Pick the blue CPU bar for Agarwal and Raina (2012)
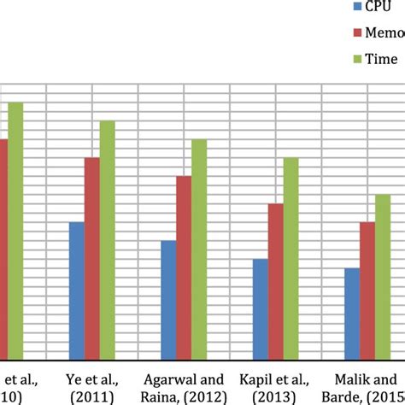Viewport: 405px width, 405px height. pos(168,300)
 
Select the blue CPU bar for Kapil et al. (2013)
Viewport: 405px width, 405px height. pos(261,309)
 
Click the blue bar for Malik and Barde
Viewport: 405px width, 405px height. pos(352,314)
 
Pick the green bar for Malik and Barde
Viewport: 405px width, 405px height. pos(383,277)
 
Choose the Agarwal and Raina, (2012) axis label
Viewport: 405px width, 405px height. pos(184,386)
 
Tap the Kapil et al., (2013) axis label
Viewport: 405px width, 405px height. pos(276,386)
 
